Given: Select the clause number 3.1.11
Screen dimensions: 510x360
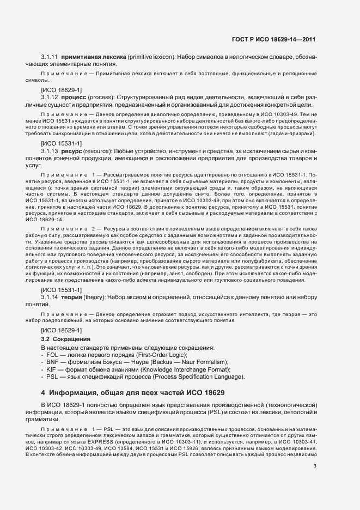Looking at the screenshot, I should (x=50, y=57).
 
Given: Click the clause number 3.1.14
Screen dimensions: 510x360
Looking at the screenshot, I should (x=50, y=297).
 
